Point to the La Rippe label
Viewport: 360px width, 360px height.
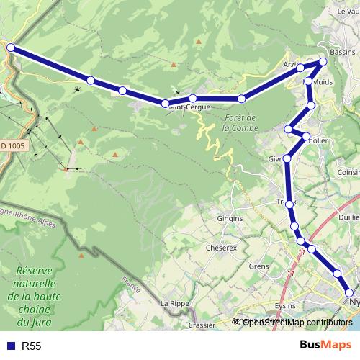coord(174,303)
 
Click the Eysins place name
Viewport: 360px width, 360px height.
coord(285,305)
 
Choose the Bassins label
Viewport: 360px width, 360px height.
coord(341,53)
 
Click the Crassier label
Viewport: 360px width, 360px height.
coord(202,325)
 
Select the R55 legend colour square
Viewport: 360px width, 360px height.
coord(11,346)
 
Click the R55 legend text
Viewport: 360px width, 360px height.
coord(32,346)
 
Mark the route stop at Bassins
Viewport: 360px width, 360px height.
coord(323,61)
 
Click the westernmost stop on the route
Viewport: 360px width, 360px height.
coord(10,48)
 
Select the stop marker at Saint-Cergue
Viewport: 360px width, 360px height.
coord(166,104)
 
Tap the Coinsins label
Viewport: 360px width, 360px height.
coord(348,172)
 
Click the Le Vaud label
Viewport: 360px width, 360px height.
coord(347,11)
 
